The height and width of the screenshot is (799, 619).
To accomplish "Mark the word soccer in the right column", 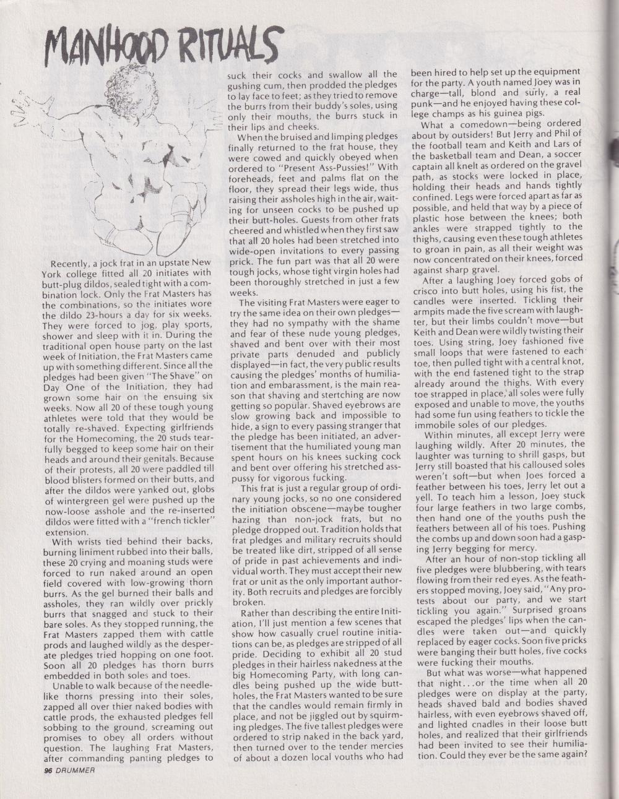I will [565, 154].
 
